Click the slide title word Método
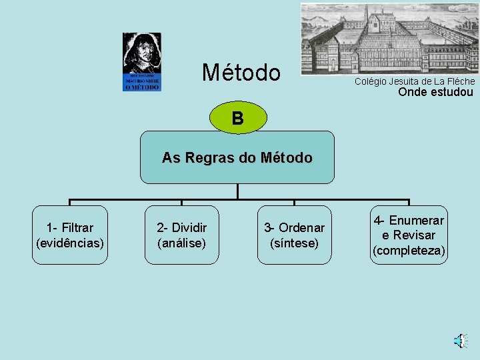pos(241,73)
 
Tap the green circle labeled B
pos(237,119)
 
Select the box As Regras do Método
pos(237,157)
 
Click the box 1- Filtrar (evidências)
pos(70,235)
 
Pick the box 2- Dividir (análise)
pos(181,235)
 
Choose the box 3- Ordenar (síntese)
pos(294,235)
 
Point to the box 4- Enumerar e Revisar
pos(409,235)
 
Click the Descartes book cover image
pos(142,62)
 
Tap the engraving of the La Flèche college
pos(389,37)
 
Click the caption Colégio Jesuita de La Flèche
pos(415,81)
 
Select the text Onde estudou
pos(435,93)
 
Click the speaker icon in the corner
pos(459,341)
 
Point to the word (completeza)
pos(409,251)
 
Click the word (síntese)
pos(294,243)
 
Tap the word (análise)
pos(181,243)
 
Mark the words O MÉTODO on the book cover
pos(142,87)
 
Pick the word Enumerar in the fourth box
pos(417,221)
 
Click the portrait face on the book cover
pos(143,53)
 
